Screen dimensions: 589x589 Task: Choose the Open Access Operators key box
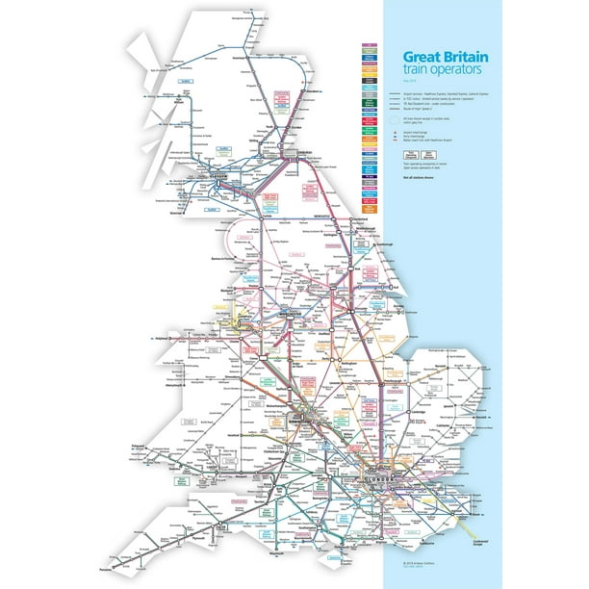(397, 164)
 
